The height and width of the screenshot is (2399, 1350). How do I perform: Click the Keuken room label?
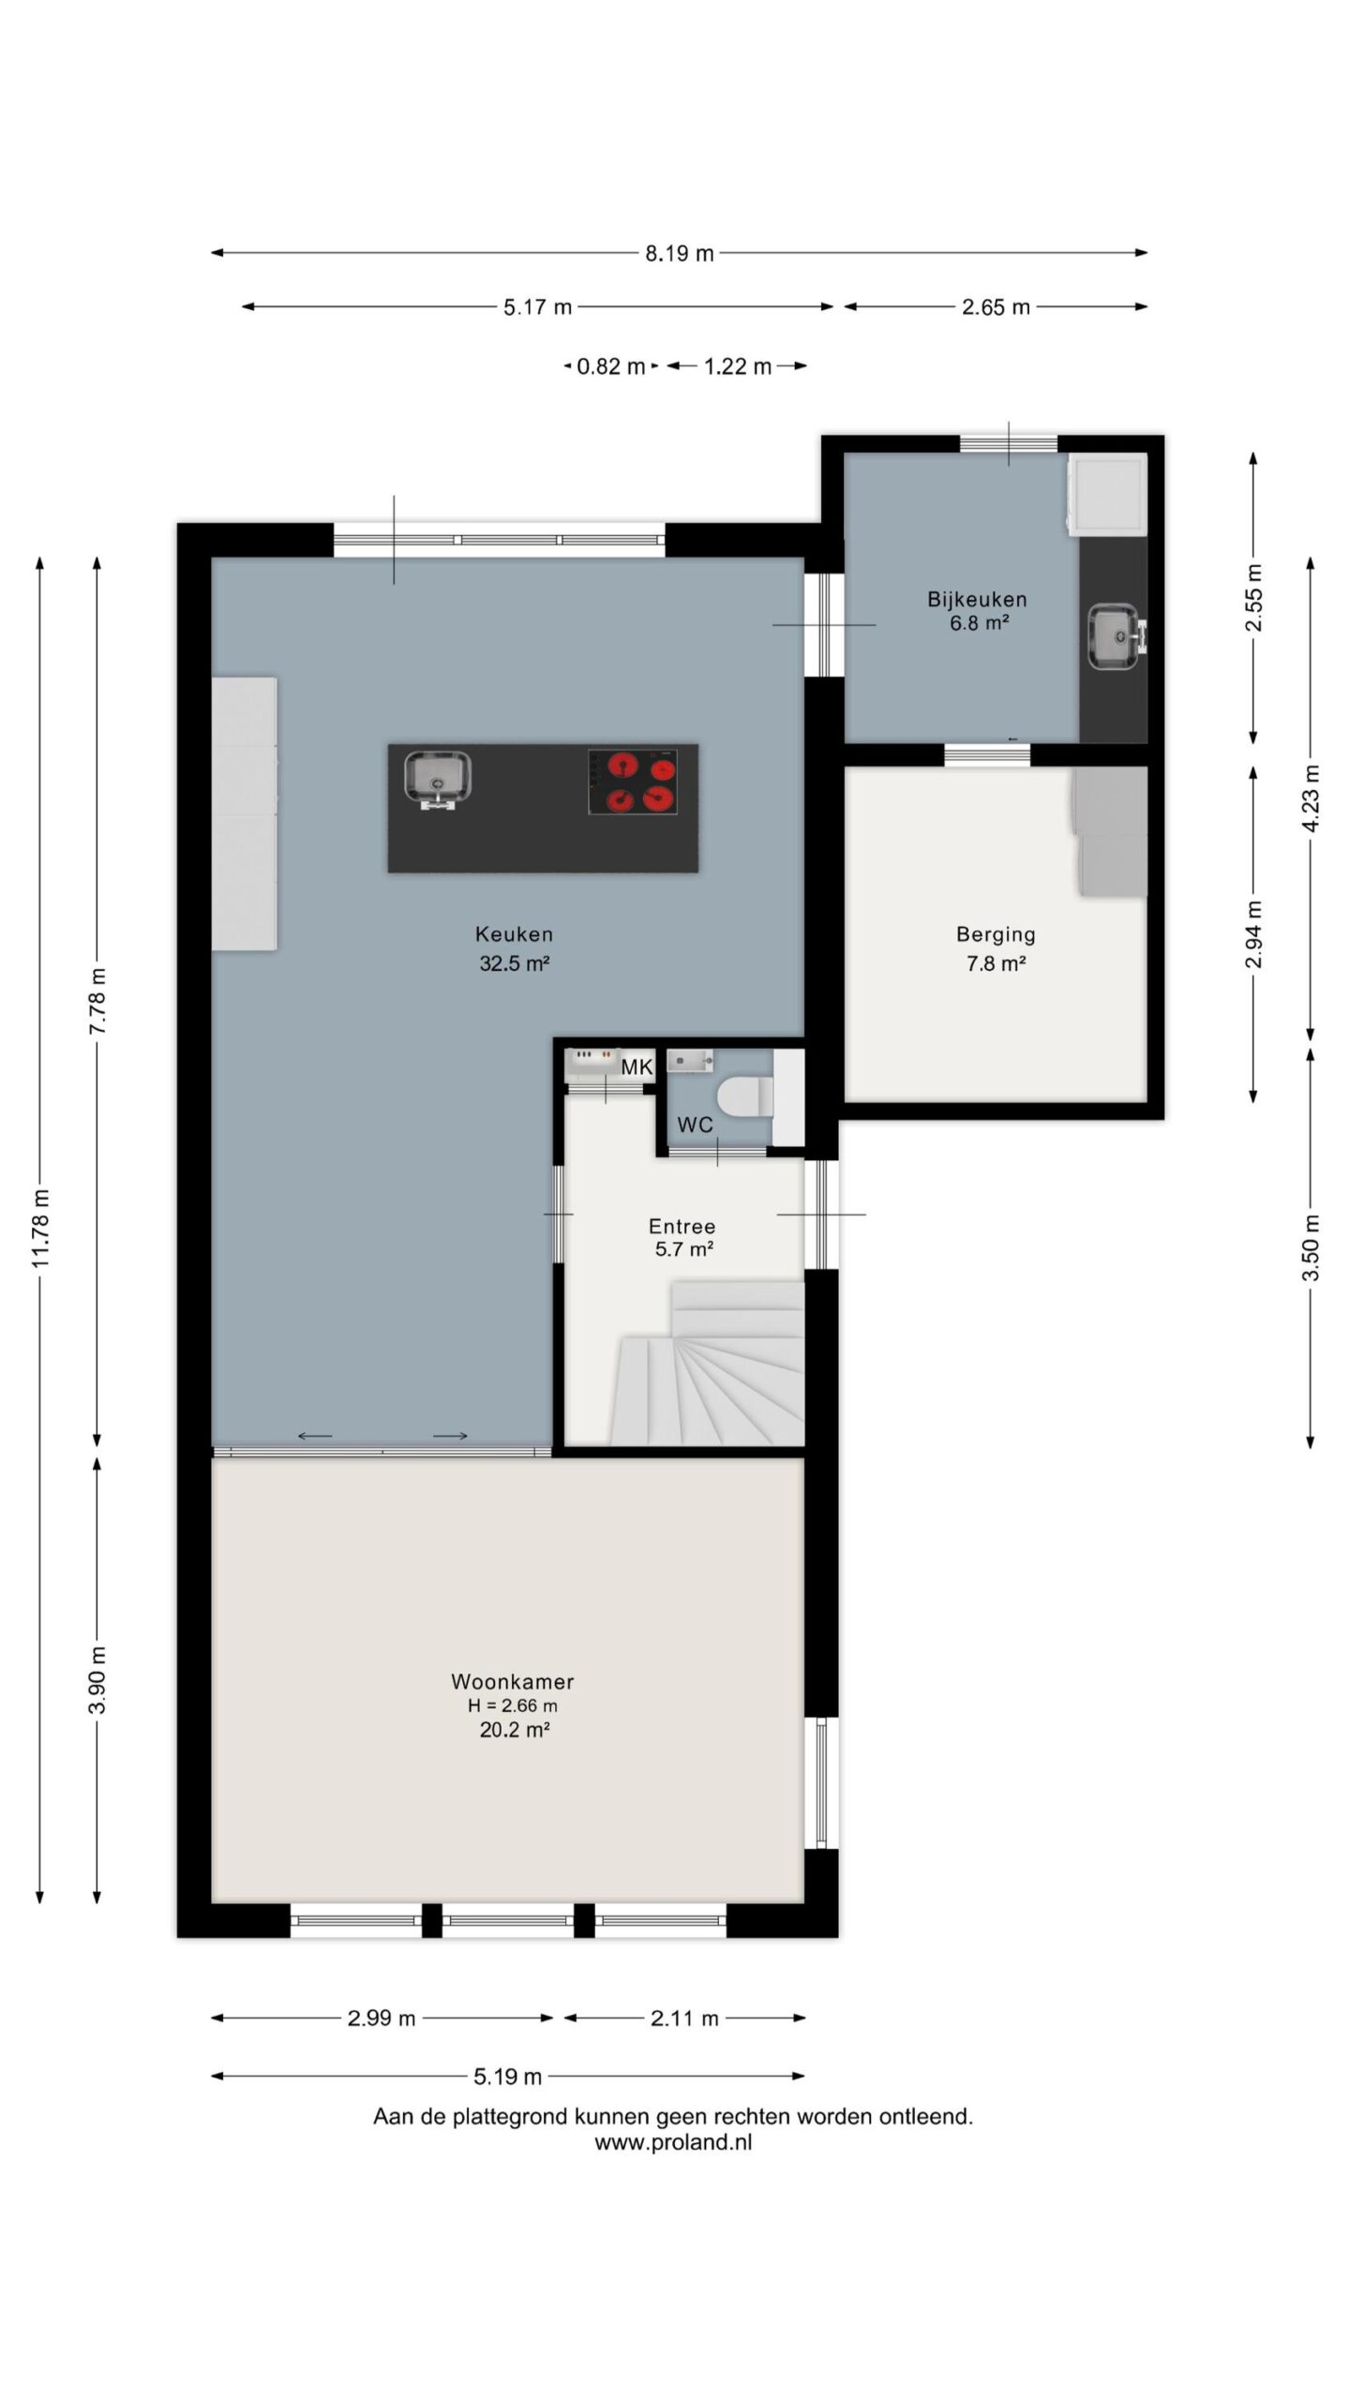514,933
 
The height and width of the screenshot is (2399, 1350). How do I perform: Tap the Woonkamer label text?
513,1681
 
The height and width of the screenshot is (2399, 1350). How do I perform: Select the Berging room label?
996,933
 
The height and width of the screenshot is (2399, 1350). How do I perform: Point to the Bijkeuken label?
978,599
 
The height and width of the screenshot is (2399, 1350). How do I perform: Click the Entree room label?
682,1226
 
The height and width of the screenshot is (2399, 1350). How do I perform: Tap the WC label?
695,1125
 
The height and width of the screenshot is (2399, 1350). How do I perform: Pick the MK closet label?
637,1066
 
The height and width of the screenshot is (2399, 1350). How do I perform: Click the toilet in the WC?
744,1096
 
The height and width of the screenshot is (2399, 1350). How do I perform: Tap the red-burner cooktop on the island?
634,782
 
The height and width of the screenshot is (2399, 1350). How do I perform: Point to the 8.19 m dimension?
679,253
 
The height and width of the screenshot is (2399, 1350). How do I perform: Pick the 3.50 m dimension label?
1311,1247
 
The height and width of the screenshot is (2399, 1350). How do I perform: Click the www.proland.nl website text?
673,2142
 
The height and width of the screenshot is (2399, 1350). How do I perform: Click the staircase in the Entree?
709,1363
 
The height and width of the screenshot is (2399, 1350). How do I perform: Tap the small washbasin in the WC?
690,1060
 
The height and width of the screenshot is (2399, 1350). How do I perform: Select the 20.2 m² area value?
515,1730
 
